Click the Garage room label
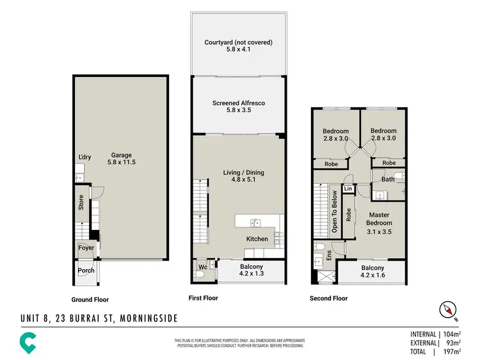122,155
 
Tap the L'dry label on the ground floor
84,157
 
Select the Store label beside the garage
81,203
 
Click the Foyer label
86,248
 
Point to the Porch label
86,270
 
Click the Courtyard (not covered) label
239,42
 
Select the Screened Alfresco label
239,103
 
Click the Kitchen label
257,239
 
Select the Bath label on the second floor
388,179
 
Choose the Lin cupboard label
348,189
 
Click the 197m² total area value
452,352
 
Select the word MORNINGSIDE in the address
146,318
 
